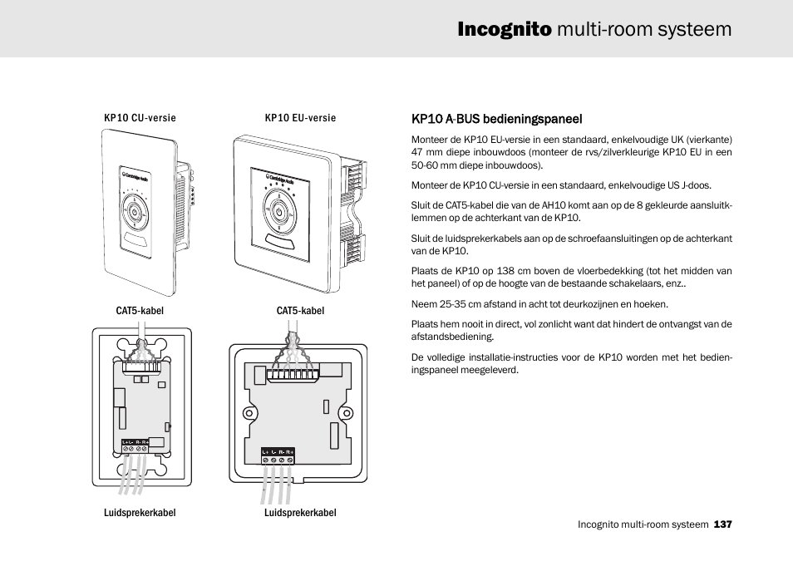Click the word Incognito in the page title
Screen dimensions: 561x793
click(x=504, y=30)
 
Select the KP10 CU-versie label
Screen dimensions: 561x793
click(x=140, y=118)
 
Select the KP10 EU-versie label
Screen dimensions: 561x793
click(x=300, y=118)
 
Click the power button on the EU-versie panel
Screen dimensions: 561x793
click(x=279, y=212)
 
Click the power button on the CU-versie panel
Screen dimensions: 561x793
click(x=134, y=211)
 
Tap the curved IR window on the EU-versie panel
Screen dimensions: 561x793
click(x=279, y=242)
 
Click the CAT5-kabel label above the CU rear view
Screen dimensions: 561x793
click(x=140, y=311)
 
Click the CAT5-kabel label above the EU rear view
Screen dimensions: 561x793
click(x=300, y=311)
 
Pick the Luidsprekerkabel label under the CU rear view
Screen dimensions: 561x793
click(x=140, y=513)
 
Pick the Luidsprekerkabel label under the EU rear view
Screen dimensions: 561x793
click(x=300, y=513)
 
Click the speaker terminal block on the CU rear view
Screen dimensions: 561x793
click(x=135, y=445)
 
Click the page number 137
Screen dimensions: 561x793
click(x=722, y=524)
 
